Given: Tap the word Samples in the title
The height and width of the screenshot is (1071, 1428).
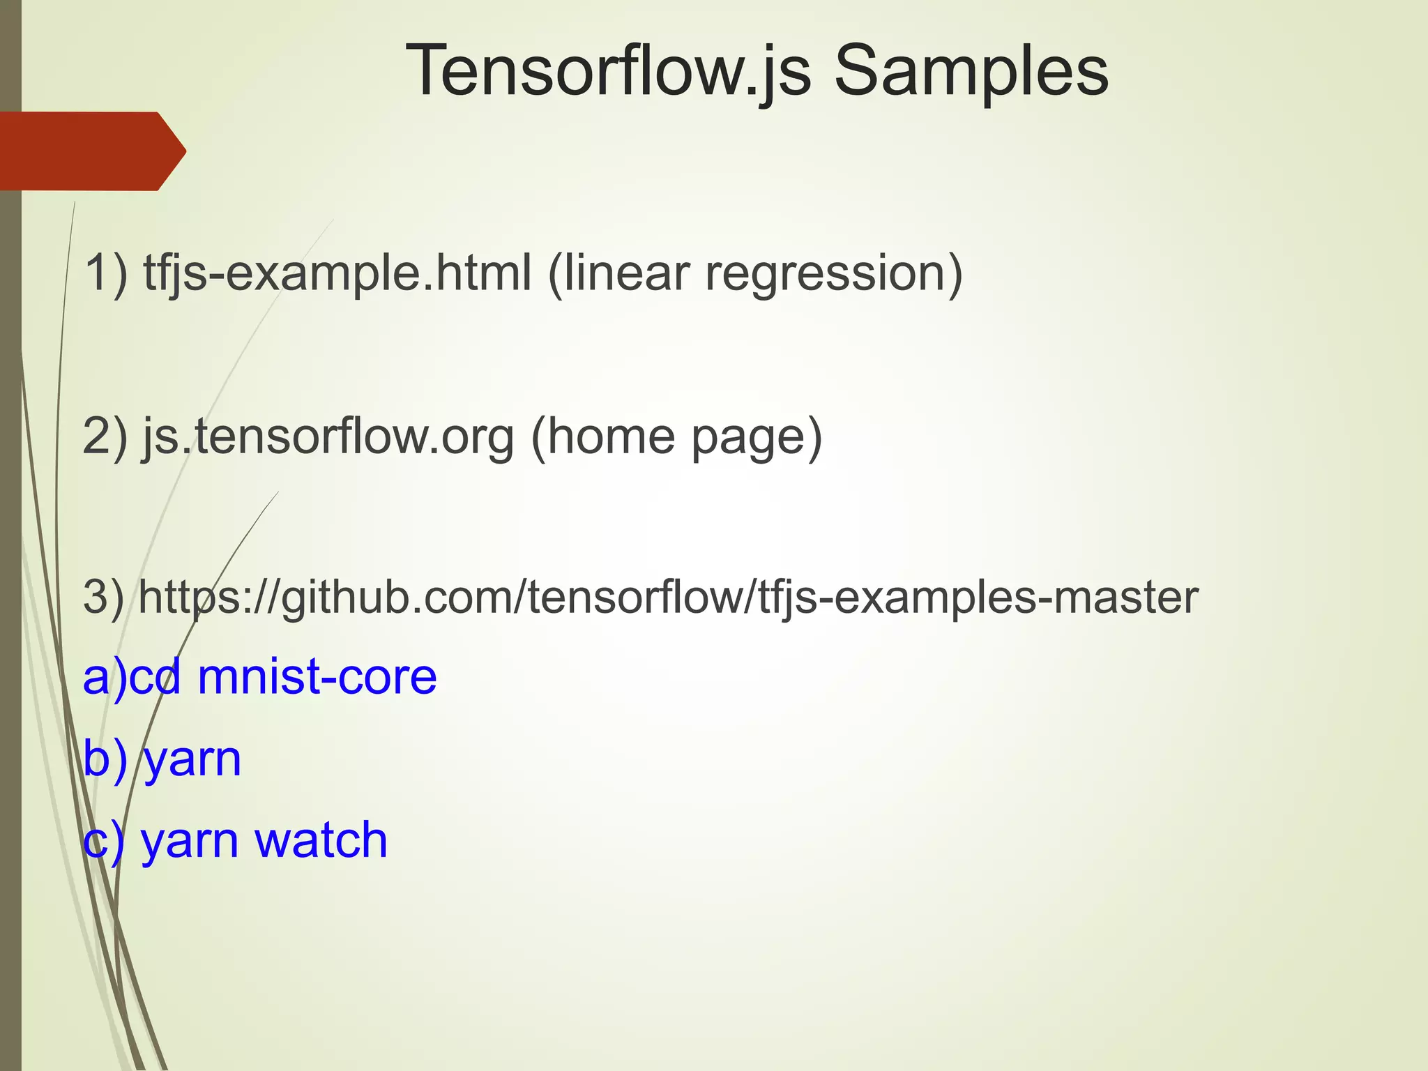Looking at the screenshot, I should [x=971, y=71].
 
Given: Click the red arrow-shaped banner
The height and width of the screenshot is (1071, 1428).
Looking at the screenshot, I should [x=91, y=151].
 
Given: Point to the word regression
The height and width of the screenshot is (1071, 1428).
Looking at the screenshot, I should [x=834, y=274].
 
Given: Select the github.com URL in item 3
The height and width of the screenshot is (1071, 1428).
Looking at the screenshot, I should [x=668, y=598].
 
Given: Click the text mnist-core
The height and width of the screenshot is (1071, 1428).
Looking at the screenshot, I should [x=317, y=677].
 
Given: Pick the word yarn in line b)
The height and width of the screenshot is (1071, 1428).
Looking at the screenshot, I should [x=192, y=760].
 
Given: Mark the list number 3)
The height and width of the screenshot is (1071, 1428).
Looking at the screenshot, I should [x=104, y=598].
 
